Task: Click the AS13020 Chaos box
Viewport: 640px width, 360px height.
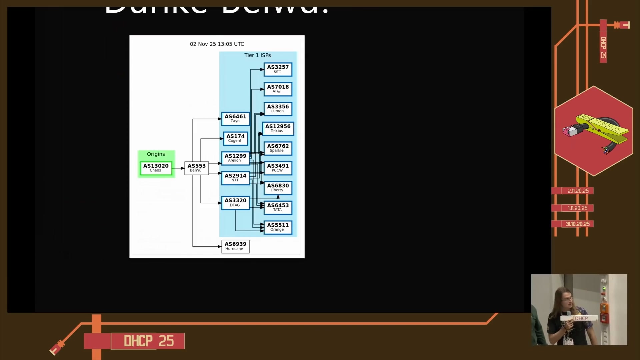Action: [156, 168]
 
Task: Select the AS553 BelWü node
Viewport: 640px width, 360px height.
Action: [196, 168]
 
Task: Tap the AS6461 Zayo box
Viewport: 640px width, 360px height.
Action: [235, 119]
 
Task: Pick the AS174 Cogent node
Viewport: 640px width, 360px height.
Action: [235, 138]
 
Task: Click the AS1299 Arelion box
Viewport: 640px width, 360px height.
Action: [235, 158]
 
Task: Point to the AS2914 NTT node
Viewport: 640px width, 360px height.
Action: [235, 178]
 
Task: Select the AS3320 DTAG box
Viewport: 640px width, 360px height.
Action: [235, 203]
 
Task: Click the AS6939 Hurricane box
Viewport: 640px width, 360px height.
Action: [235, 246]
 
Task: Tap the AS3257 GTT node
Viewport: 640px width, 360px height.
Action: [278, 69]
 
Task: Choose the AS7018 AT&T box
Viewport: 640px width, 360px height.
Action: [278, 89]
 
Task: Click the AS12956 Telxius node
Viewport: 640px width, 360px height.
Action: [278, 129]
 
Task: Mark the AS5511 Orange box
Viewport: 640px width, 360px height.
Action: [278, 227]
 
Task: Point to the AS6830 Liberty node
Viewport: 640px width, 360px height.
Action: [278, 188]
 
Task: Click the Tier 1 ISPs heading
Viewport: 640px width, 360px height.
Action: [257, 55]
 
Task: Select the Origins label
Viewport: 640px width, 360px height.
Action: [156, 154]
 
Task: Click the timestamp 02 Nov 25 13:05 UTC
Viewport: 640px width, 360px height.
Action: [217, 44]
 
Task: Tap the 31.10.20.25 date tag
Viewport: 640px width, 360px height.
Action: [577, 224]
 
